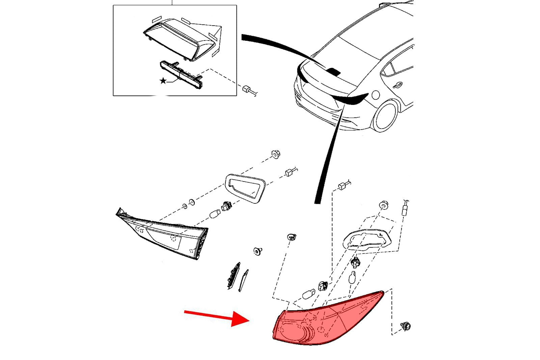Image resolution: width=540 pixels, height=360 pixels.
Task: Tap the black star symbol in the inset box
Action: [x=163, y=81]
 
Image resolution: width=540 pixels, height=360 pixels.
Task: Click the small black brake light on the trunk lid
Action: [x=334, y=71]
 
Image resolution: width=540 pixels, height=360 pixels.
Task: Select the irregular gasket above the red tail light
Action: [x=368, y=240]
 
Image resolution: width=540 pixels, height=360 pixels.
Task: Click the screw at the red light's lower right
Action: [x=405, y=326]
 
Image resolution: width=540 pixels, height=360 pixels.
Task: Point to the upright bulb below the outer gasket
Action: [x=353, y=277]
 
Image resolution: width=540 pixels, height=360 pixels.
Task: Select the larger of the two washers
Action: [x=192, y=202]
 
